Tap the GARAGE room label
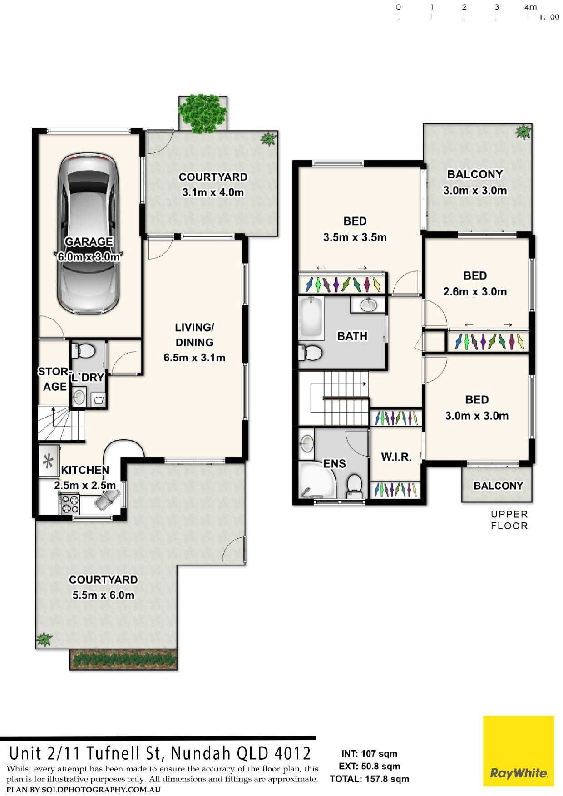[x=89, y=241]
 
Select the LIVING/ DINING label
[x=194, y=335]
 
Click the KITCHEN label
[x=85, y=470]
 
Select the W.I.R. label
[x=396, y=457]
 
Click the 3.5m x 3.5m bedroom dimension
[x=355, y=237]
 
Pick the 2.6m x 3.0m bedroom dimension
[x=475, y=292]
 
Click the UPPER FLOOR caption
[x=509, y=520]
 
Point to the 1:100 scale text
[x=549, y=17]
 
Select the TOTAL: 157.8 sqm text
[x=369, y=779]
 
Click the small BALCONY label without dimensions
[x=498, y=486]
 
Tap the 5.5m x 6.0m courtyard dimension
[x=104, y=595]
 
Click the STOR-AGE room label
[x=54, y=379]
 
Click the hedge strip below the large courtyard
[x=123, y=659]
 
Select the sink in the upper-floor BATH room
[x=368, y=305]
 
